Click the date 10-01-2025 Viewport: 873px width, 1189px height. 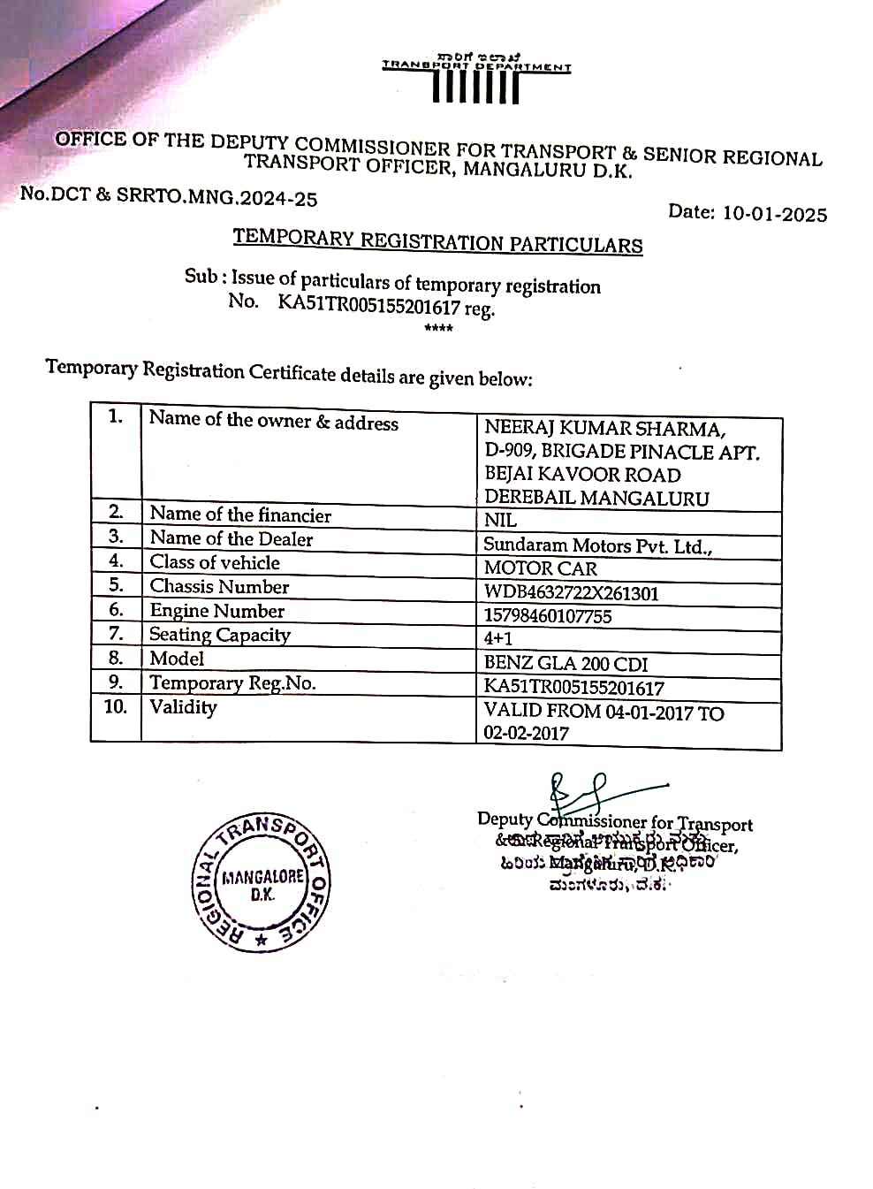tap(774, 214)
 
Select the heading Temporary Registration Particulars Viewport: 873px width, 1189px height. tap(437, 241)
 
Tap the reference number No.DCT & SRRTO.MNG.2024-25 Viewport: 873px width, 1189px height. tap(169, 196)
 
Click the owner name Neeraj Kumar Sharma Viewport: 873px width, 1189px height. tap(604, 429)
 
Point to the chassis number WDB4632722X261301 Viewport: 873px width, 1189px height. tap(571, 592)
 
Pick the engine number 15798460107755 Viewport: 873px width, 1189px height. tap(547, 616)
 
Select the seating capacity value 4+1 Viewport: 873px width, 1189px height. tap(497, 638)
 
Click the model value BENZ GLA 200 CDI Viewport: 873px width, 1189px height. tap(566, 663)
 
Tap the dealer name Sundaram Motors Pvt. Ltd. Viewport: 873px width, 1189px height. tap(597, 545)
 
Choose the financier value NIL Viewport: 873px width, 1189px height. tap(500, 521)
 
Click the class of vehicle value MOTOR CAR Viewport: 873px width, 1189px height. tap(540, 568)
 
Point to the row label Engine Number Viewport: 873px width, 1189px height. tap(216, 611)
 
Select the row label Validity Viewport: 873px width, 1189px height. tap(183, 707)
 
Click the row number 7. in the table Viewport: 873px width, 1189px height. tap(116, 634)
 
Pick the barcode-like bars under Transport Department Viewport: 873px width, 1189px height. tap(475, 88)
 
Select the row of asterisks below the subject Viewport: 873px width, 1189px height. tap(438, 329)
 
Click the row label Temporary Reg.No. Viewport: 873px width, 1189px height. tap(232, 682)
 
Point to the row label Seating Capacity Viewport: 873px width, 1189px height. tap(219, 635)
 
